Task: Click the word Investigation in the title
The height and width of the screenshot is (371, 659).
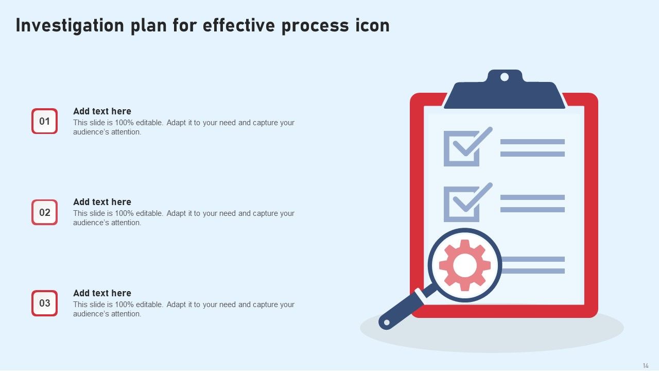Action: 69,26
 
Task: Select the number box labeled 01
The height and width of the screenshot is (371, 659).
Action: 45,121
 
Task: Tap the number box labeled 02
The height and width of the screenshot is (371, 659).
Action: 45,212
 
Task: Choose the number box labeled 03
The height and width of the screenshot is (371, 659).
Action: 45,303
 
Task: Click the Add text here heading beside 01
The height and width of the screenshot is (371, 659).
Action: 102,111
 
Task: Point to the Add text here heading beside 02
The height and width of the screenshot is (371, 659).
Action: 102,202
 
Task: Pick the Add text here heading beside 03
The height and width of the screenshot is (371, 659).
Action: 102,293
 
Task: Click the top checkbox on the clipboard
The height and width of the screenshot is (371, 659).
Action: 461,149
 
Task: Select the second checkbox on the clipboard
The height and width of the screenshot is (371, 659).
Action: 461,204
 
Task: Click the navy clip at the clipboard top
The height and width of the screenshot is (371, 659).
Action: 505,93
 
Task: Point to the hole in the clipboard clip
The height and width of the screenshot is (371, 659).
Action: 505,77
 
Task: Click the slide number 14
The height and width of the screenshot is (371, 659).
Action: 646,365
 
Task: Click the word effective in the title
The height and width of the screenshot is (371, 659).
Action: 238,26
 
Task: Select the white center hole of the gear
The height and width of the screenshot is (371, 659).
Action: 465,265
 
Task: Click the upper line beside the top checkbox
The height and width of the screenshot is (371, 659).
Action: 532,142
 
